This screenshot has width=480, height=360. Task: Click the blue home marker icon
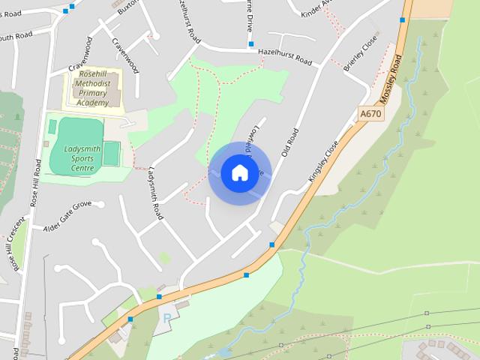pyautogui.click(x=239, y=172)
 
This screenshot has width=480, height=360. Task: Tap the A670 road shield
pyautogui.click(x=369, y=114)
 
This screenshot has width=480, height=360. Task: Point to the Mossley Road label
pyautogui.click(x=391, y=79)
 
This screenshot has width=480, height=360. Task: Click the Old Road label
pyautogui.click(x=289, y=142)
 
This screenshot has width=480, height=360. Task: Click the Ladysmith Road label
pyautogui.click(x=156, y=193)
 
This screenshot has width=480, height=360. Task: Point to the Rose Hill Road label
pyautogui.click(x=34, y=182)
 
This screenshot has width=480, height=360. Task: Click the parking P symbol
pyautogui.click(x=166, y=318)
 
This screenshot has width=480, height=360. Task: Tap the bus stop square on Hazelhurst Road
pyautogui.click(x=251, y=44)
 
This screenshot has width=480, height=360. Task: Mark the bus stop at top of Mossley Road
pyautogui.click(x=403, y=20)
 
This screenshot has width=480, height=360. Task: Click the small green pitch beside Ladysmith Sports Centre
pyautogui.click(x=111, y=154)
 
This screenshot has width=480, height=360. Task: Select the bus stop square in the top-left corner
pyautogui.click(x=66, y=10)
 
